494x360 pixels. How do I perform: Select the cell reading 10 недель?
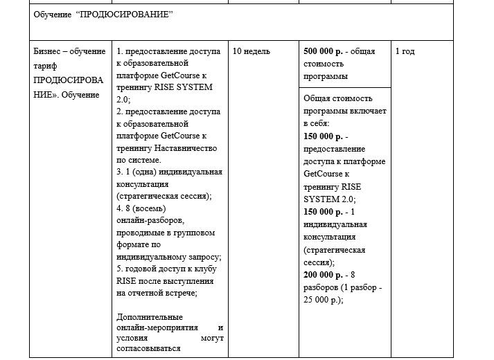pyautogui.click(x=252, y=51)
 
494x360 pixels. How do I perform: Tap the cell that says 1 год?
pyautogui.click(x=405, y=51)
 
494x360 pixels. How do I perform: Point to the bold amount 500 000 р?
pyautogui.click(x=324, y=51)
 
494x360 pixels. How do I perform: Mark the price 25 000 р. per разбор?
pyautogui.click(x=323, y=300)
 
